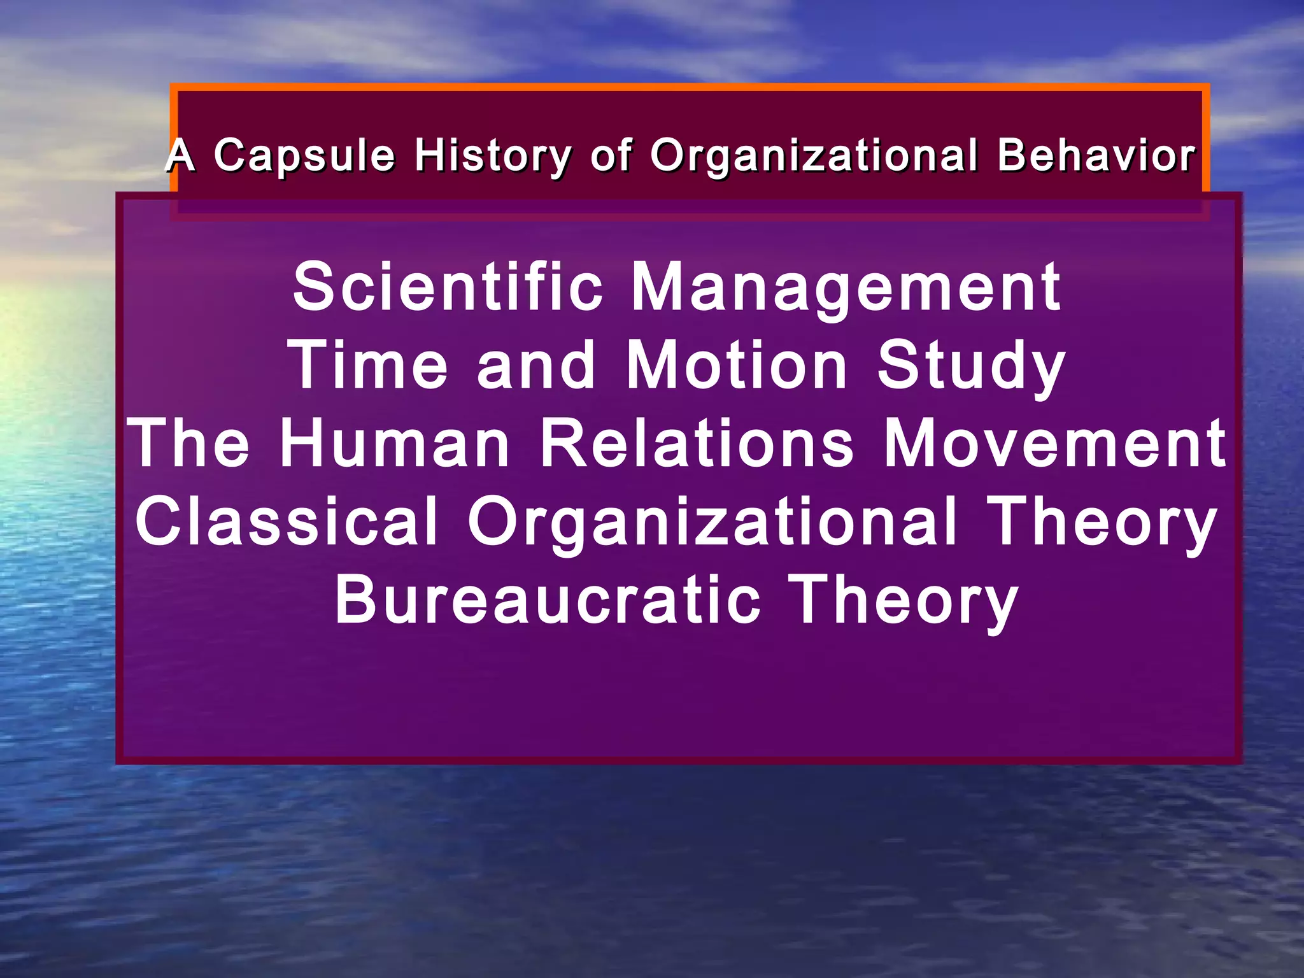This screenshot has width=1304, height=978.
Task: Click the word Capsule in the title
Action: [304, 155]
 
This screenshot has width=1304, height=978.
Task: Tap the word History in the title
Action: [493, 155]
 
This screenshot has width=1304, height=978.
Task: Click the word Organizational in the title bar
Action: [814, 155]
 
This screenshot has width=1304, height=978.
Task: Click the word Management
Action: [846, 288]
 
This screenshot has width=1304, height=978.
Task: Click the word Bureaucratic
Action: [548, 600]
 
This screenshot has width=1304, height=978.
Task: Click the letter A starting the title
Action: [180, 155]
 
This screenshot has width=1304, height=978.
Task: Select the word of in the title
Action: [611, 155]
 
